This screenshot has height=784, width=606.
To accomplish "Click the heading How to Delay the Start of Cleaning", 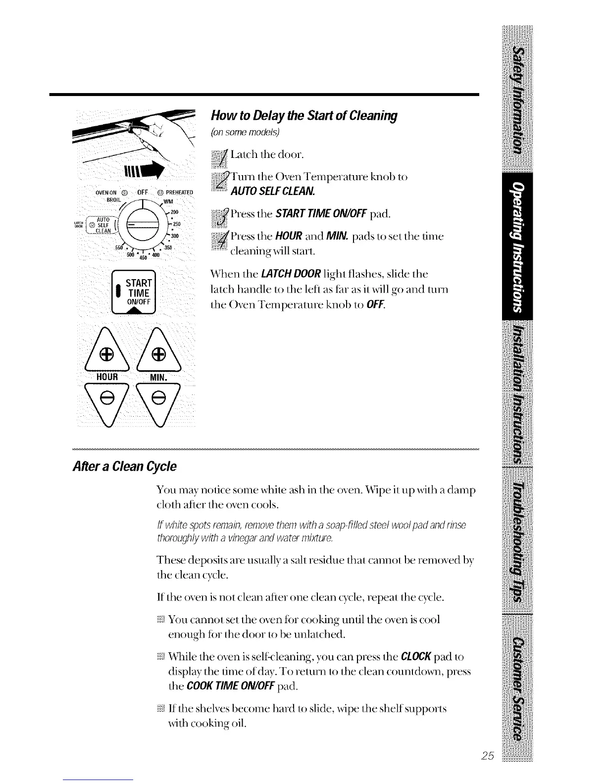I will coord(304,116).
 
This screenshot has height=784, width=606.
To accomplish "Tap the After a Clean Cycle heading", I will coord(124,467).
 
